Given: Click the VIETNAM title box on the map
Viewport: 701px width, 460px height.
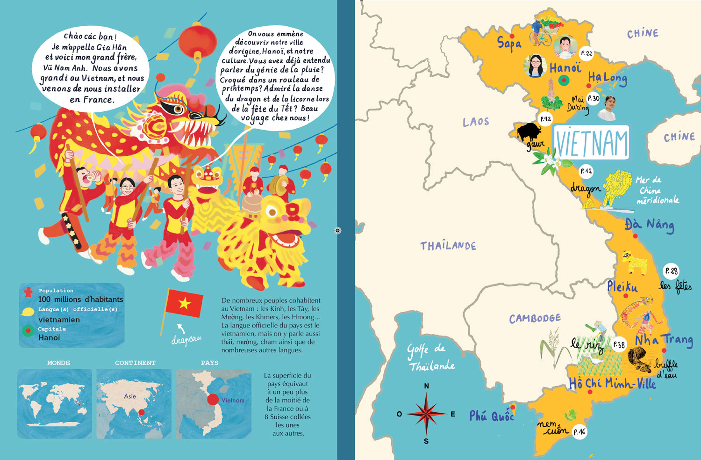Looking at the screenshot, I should tap(592, 143).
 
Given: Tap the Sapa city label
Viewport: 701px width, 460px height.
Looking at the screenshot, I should tap(509, 44).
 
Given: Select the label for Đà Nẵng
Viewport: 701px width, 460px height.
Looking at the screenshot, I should tap(649, 225).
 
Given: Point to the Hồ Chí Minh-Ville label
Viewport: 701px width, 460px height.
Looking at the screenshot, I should tap(612, 384).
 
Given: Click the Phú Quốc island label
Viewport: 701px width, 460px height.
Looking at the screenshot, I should tap(491, 416).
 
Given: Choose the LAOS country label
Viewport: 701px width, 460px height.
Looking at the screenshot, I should tap(476, 122).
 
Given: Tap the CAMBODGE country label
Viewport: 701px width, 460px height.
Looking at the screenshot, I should tap(535, 319).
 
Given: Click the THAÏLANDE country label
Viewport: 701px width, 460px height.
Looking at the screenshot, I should tap(448, 246).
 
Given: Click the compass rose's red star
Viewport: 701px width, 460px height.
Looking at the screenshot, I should tap(426, 414).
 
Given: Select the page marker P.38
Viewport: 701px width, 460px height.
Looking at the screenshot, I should tap(619, 345).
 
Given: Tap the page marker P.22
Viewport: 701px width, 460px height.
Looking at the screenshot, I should tap(586, 53).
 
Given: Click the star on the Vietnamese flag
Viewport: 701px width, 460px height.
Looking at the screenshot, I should tap(184, 304).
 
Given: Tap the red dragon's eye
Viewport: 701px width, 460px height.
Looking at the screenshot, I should tap(177, 109).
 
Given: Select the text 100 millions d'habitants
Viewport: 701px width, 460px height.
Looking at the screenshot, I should tap(80, 299).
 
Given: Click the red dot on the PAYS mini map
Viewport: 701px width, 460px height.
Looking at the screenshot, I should tap(213, 400).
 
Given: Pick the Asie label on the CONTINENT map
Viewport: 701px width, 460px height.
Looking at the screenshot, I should tap(130, 396).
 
